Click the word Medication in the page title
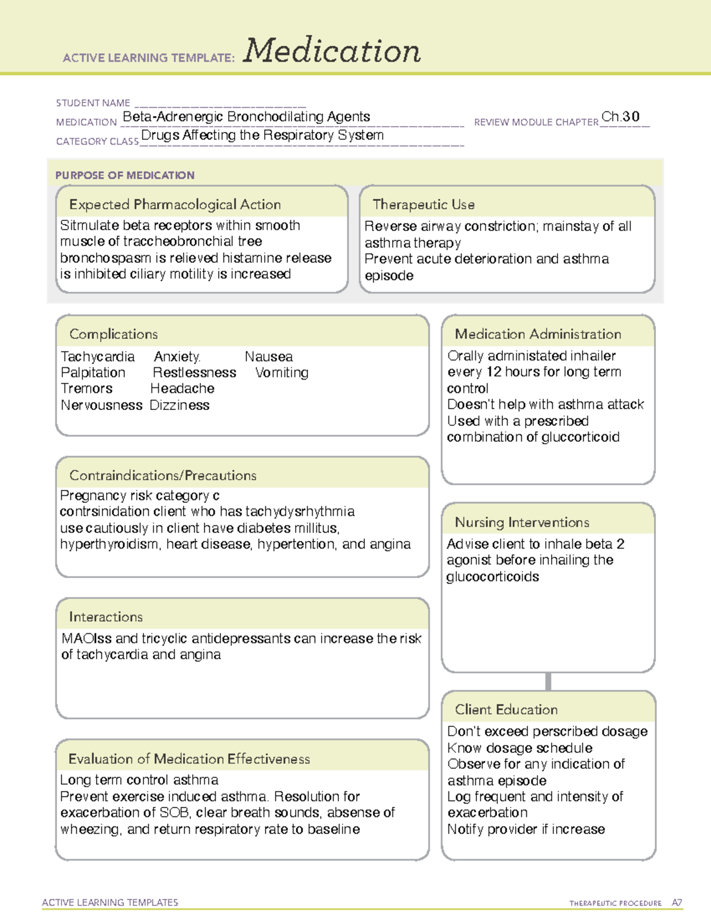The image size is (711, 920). tap(332, 51)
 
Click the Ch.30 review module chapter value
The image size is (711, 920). tap(620, 117)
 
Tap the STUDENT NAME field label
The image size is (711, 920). tap(93, 103)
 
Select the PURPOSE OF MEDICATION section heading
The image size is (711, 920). tap(125, 175)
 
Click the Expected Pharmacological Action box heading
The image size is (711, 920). tap(175, 204)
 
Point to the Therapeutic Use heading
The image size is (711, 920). tap(424, 204)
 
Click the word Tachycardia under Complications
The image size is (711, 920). tap(98, 357)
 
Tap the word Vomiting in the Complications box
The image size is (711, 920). tap(282, 373)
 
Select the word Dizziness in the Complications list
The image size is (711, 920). tap(180, 405)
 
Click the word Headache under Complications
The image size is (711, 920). tap(182, 389)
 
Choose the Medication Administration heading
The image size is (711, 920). tap(538, 334)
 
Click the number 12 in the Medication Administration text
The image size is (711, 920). tap(494, 372)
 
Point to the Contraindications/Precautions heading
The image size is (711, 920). tap(163, 475)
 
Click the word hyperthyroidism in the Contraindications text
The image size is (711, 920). tap(109, 544)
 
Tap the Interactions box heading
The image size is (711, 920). tap(106, 617)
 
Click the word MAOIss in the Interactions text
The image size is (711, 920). tap(87, 639)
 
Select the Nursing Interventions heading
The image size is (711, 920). tap(522, 522)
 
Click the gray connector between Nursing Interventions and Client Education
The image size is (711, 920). tap(548, 681)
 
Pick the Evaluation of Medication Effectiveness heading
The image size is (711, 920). tap(189, 759)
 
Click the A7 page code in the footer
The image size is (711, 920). tap(677, 903)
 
